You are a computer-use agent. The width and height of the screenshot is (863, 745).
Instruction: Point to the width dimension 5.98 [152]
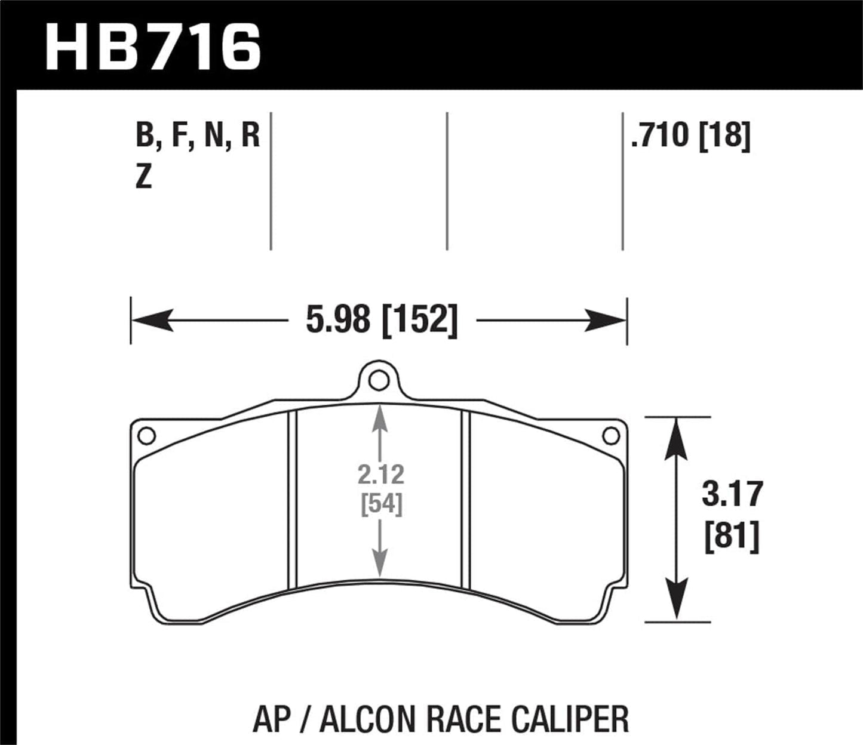382,321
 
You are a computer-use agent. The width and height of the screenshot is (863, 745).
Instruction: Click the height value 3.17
732,494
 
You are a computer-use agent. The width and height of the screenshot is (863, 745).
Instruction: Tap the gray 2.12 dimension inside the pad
381,475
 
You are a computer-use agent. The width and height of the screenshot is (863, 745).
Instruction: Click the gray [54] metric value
381,504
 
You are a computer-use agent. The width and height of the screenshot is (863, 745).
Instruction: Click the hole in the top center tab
378,380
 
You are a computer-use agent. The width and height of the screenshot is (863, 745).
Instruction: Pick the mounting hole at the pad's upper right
610,436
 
